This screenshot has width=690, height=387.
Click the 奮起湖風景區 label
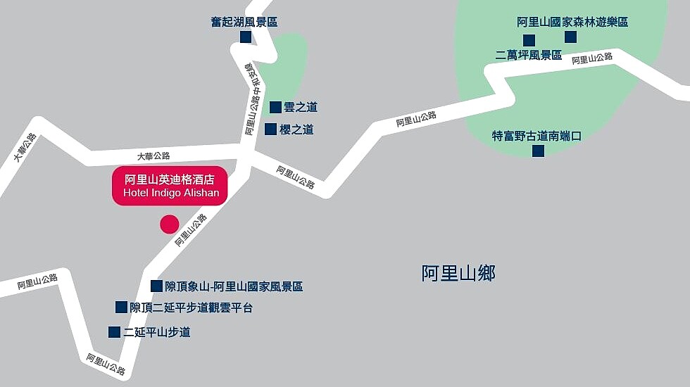(244, 22)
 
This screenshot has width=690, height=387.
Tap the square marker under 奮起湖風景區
(246, 37)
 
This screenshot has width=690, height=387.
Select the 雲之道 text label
(301, 107)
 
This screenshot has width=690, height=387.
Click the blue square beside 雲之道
(275, 107)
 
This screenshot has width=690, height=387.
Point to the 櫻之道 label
(296, 129)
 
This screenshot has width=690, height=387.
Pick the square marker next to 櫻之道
(270, 129)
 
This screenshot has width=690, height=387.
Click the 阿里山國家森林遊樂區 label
(572, 22)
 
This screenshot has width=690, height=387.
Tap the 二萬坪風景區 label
(529, 55)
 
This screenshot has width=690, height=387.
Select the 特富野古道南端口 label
(537, 136)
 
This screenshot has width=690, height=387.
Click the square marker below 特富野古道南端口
(538, 151)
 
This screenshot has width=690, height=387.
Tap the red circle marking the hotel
(170, 224)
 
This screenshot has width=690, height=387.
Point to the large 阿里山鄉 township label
(458, 273)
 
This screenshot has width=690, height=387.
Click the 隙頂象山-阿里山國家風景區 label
(234, 286)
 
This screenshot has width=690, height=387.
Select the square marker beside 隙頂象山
(156, 286)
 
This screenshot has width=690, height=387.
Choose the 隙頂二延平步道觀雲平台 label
(191, 307)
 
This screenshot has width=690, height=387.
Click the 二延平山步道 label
(157, 332)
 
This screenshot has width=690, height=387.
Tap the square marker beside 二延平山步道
(114, 331)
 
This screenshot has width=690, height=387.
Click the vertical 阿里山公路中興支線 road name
(251, 99)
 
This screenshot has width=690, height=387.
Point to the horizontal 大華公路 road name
(153, 156)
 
